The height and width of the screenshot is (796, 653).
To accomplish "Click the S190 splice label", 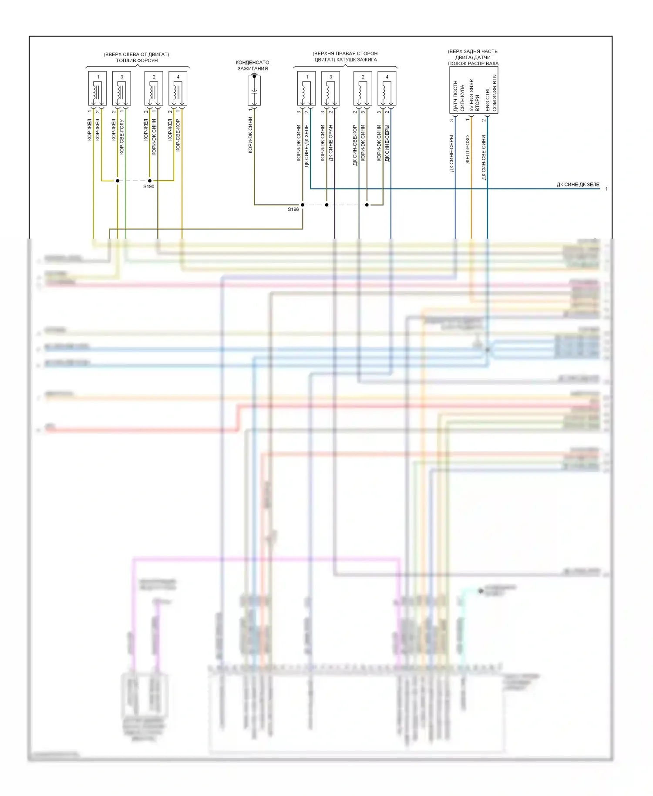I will [149, 186].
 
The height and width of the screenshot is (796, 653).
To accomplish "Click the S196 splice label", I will [293, 209].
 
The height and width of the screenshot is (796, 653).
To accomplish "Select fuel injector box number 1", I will [98, 88].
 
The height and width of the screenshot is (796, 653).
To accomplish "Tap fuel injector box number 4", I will [178, 88].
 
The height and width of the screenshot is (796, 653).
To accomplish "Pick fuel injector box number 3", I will [121, 88].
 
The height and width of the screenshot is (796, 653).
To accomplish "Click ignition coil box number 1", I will [306, 88].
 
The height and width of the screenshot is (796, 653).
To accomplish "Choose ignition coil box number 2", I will [363, 88].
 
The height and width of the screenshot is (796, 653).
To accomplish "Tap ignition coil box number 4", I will [387, 88].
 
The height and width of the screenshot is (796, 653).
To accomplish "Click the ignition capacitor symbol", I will [254, 91].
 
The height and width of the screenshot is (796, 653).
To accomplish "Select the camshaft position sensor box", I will [474, 91].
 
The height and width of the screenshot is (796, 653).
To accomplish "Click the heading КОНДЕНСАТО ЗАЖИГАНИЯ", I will [252, 65].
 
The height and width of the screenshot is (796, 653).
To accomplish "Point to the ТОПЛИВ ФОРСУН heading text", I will [137, 61].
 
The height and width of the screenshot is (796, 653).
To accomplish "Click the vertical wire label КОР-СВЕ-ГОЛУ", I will [122, 137].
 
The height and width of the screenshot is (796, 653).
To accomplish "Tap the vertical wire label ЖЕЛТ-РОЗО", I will [468, 149].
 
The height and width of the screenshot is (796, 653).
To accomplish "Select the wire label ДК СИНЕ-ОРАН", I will [331, 143].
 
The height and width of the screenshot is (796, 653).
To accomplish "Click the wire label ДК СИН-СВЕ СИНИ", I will [484, 157].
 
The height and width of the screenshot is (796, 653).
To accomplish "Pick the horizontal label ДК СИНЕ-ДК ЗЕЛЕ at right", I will [578, 185].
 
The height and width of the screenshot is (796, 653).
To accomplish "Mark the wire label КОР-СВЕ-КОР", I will [178, 135].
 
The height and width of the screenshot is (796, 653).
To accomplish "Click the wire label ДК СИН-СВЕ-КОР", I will [355, 145].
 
